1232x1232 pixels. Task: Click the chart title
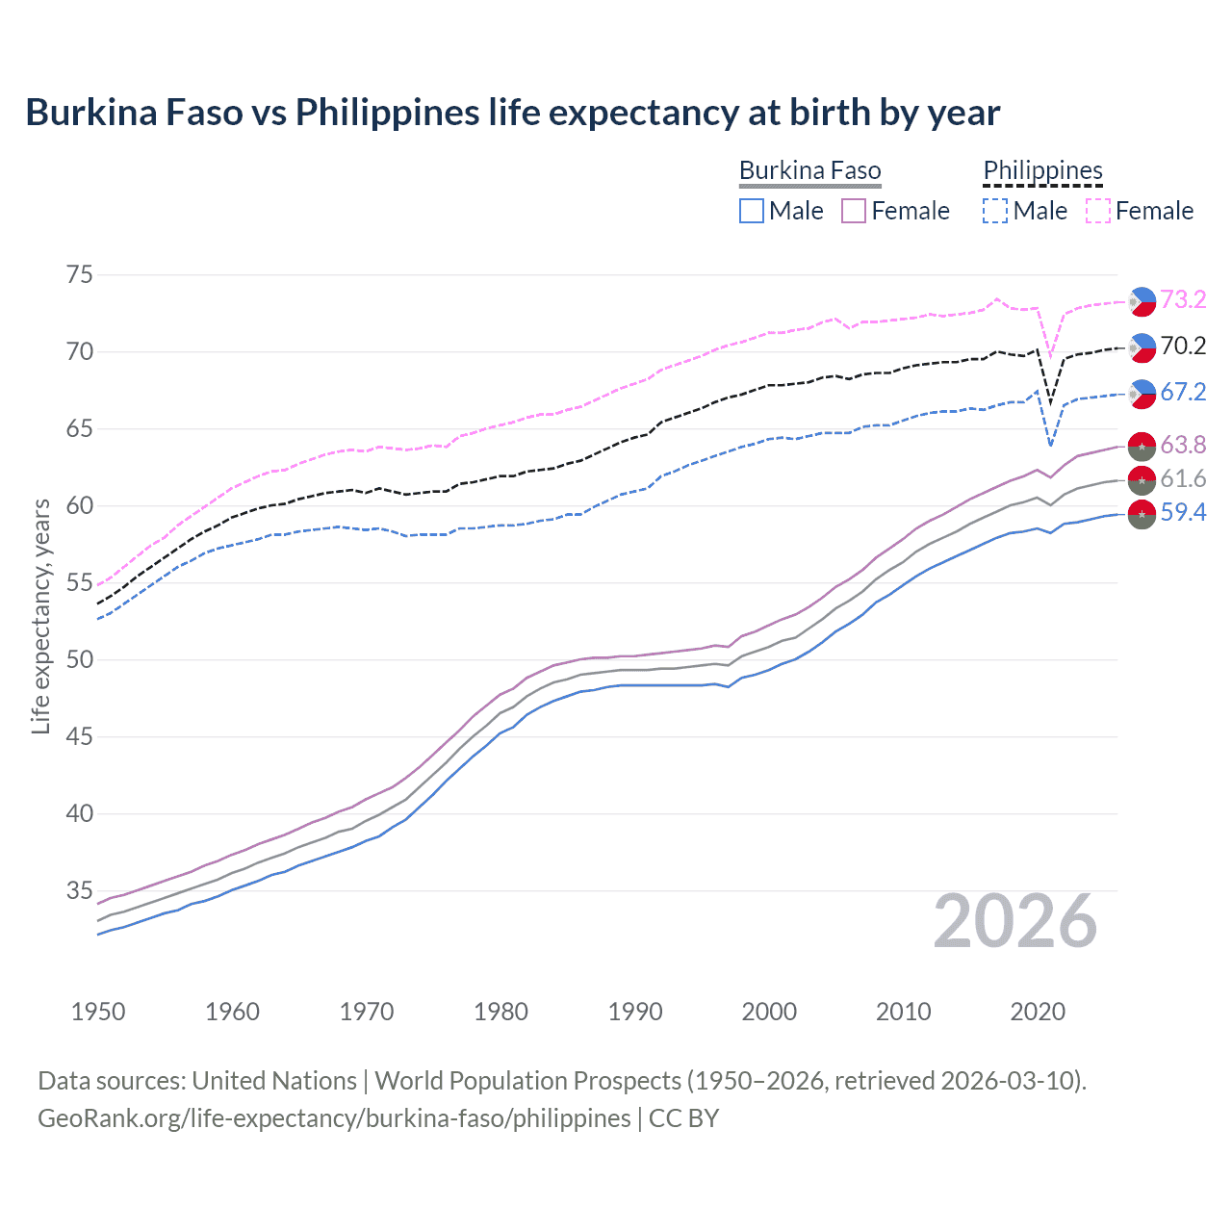tap(512, 113)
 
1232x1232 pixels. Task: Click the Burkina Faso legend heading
tap(809, 171)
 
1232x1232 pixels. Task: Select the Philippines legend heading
tap(1042, 171)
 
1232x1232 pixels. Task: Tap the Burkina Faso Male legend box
tap(752, 211)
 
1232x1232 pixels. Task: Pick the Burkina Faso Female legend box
tap(855, 211)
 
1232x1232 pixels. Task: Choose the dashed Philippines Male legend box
tap(995, 211)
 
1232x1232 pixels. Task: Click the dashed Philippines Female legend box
tap(1098, 211)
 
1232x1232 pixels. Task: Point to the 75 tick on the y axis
tap(80, 275)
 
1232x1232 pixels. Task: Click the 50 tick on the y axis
tap(80, 660)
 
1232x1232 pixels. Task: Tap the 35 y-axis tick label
tap(80, 891)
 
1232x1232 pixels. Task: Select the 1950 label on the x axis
tap(98, 1012)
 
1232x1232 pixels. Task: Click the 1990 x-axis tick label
tap(635, 1012)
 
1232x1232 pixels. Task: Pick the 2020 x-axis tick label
tap(1038, 1012)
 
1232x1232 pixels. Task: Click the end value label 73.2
tap(1183, 300)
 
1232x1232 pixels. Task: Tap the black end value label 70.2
tap(1183, 346)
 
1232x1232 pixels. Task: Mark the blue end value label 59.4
tap(1183, 513)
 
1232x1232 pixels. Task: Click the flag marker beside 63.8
tap(1142, 447)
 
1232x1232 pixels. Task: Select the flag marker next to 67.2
tap(1142, 393)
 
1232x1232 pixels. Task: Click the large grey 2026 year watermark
tap(1015, 922)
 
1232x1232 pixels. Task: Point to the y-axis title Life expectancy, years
tap(41, 616)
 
